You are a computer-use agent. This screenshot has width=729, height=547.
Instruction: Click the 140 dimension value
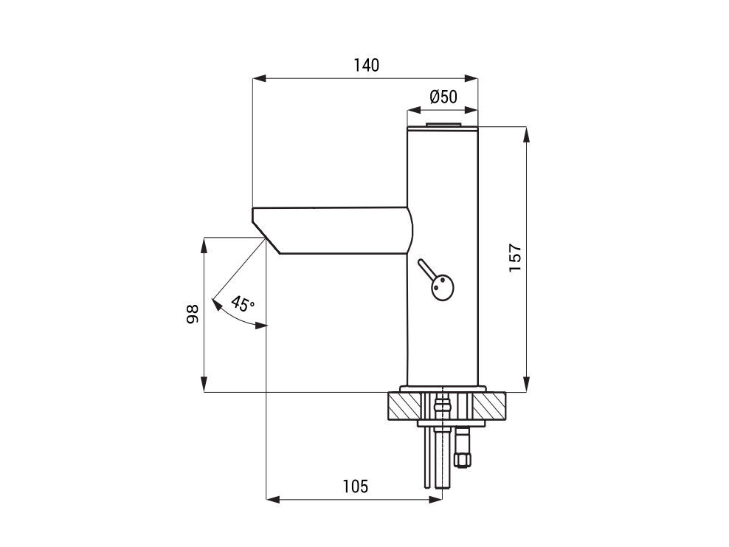point(367,66)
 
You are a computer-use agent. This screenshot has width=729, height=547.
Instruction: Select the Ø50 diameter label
point(443,97)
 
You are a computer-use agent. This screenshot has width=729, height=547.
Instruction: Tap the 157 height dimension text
point(515,258)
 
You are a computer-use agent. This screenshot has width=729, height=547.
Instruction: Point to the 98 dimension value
point(192,314)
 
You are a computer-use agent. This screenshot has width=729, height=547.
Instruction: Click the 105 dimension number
point(355,486)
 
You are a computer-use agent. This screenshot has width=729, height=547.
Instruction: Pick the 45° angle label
point(243,303)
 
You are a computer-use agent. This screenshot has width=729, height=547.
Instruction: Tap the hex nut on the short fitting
point(463,461)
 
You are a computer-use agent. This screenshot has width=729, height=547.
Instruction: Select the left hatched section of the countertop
point(405,407)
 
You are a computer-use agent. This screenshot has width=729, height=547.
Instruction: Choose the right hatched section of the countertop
point(488,407)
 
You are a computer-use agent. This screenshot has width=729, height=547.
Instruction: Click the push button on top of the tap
point(443,125)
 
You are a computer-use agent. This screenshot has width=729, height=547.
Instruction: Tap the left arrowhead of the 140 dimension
point(259,78)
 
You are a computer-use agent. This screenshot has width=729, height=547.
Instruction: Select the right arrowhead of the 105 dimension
point(435,500)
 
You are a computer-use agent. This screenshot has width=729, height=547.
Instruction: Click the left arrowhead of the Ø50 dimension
point(414,110)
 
